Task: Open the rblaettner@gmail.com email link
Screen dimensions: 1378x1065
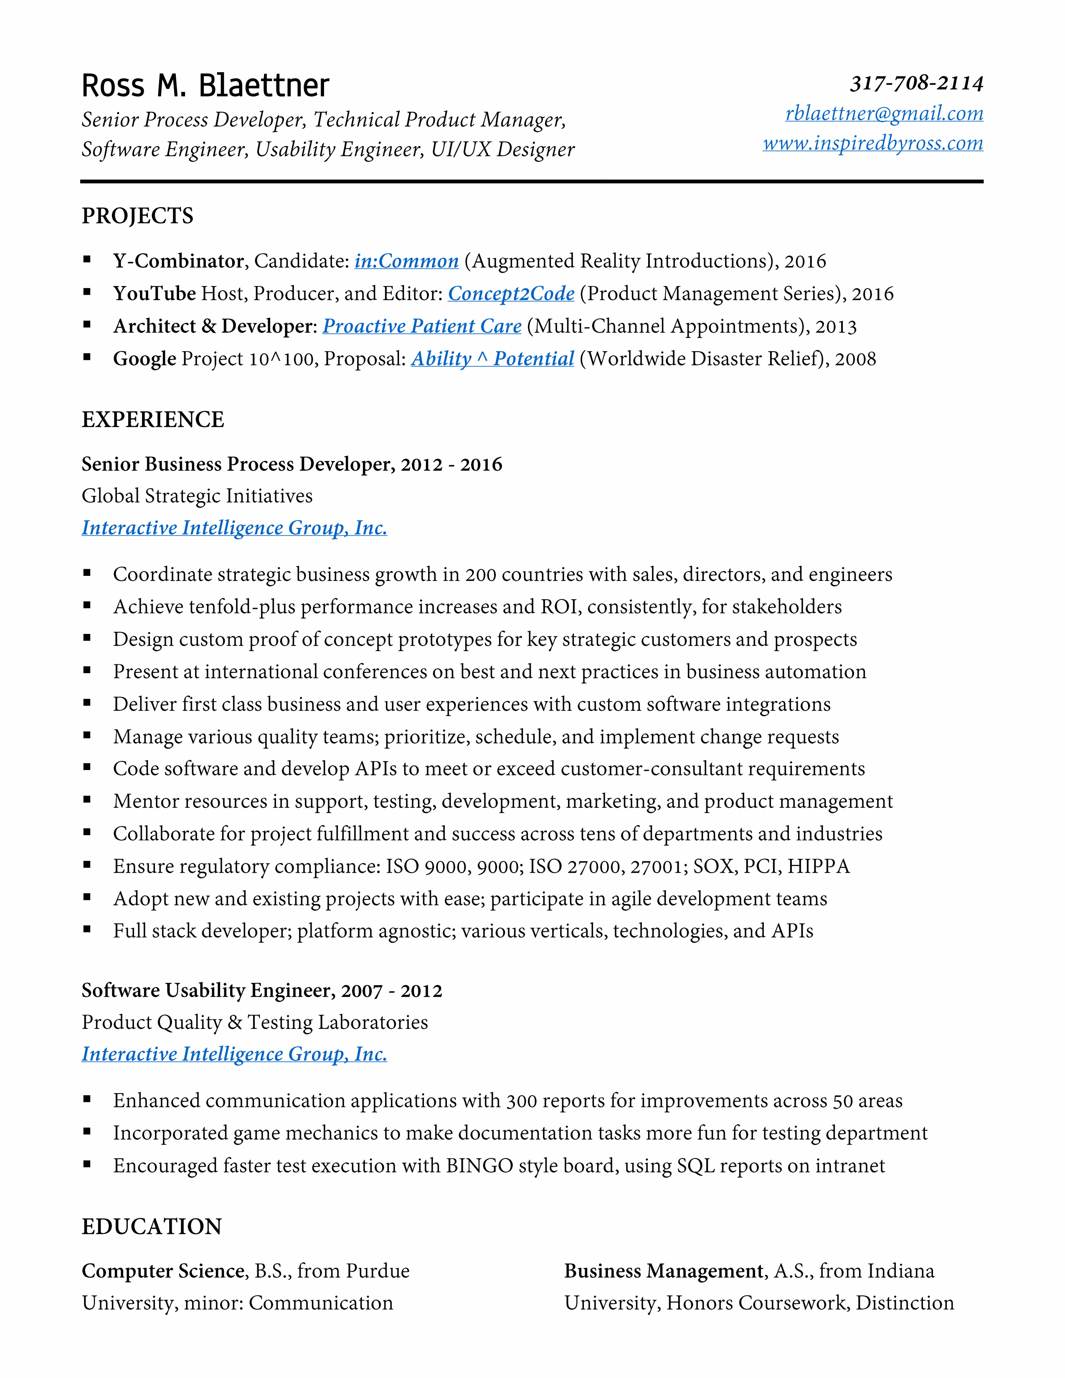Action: tap(884, 114)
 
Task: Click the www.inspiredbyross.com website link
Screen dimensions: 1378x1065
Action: tap(872, 143)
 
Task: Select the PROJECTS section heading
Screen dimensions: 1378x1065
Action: tap(137, 216)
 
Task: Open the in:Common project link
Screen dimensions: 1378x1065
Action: tap(406, 261)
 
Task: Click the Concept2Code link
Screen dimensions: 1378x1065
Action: tap(511, 294)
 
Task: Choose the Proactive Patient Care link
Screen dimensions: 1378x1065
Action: tap(422, 326)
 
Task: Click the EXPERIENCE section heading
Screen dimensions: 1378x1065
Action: tap(153, 420)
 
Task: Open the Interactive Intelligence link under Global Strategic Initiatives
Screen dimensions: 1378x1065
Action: tap(234, 528)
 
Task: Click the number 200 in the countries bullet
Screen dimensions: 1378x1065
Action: tap(481, 575)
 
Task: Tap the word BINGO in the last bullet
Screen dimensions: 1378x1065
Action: tap(479, 1166)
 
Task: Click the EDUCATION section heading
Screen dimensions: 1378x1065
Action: tap(152, 1226)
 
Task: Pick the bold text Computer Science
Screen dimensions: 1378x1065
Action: tap(163, 1271)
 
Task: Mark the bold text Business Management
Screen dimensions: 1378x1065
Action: tap(664, 1271)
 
